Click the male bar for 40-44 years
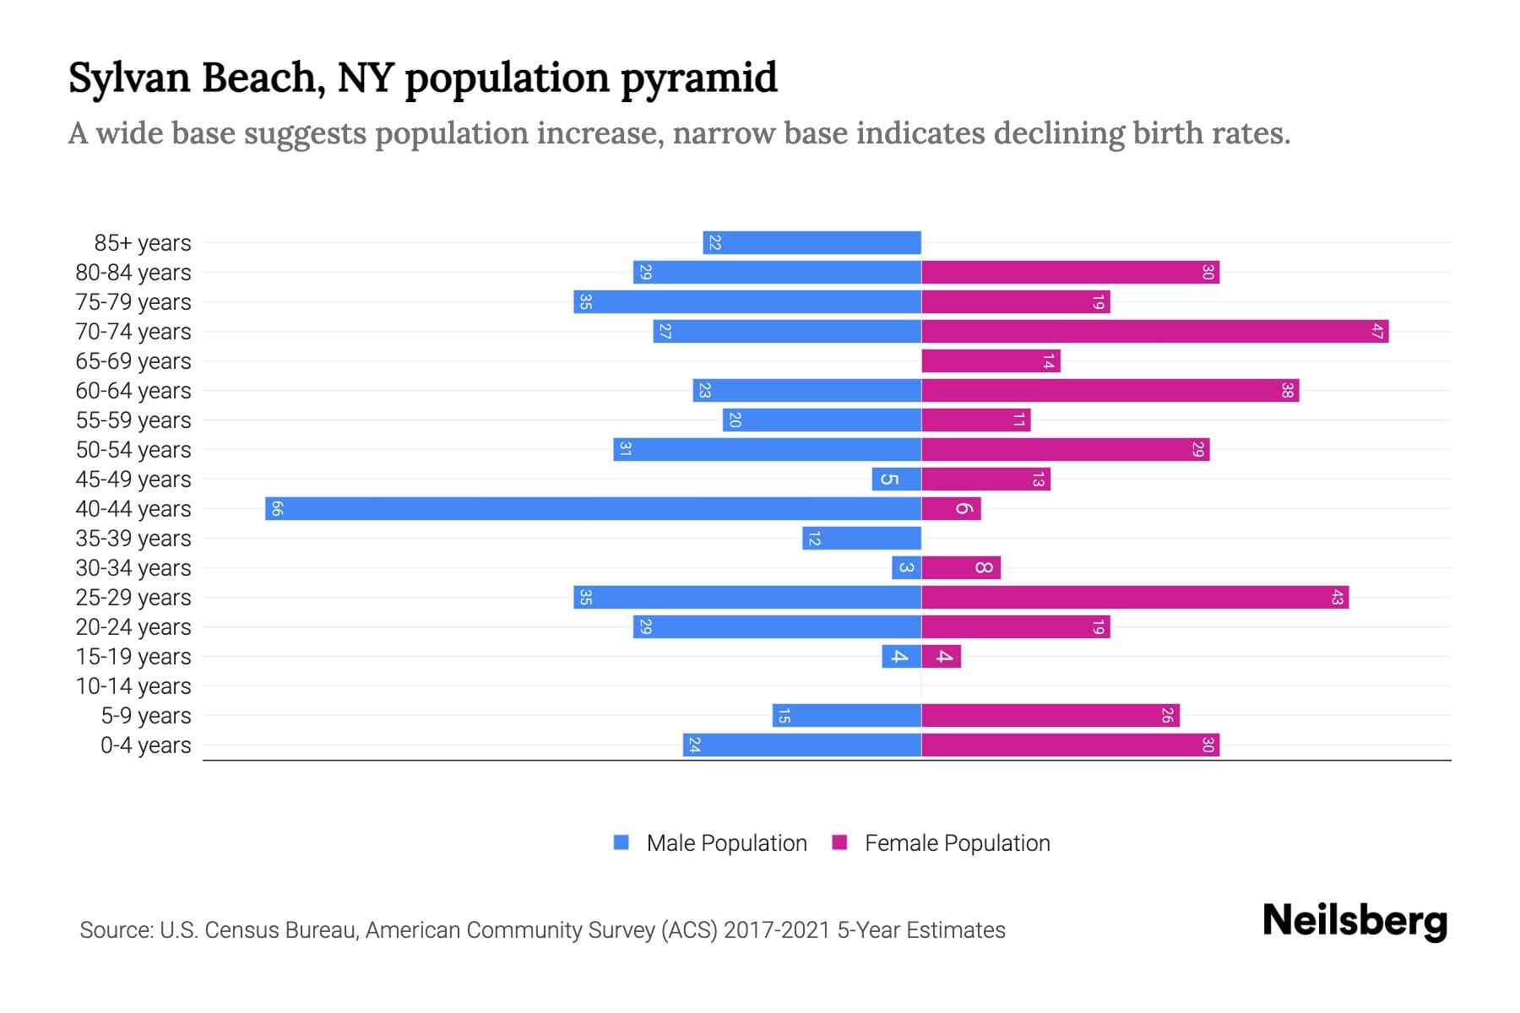tap(593, 508)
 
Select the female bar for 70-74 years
tap(1154, 331)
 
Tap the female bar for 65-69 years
tap(991, 360)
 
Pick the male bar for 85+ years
tap(812, 242)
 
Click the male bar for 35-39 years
tap(861, 538)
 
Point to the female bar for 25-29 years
tap(1135, 597)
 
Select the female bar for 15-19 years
tap(941, 656)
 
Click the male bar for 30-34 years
tap(906, 567)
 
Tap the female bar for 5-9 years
tap(1050, 715)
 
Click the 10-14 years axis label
tap(133, 686)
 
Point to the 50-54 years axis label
tap(133, 450)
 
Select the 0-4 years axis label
tap(145, 745)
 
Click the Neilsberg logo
tap(1354, 920)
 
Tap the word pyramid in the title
tap(699, 78)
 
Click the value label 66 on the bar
tap(277, 508)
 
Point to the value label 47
tap(1376, 331)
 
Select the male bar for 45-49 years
tap(896, 479)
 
